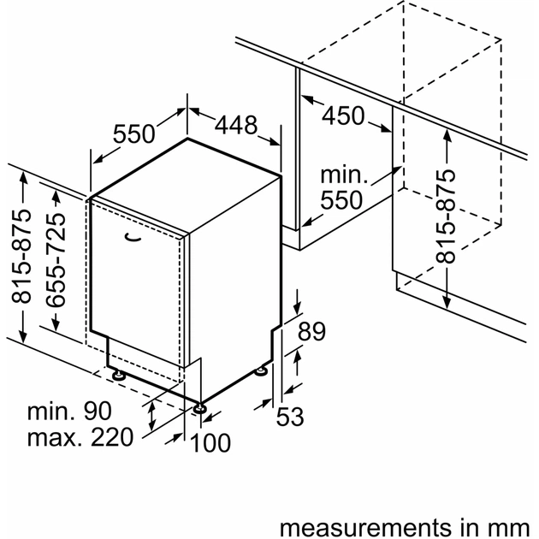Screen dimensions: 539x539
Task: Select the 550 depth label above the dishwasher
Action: click(x=135, y=133)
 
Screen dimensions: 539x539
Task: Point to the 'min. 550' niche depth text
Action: click(x=342, y=188)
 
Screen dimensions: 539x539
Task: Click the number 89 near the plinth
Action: click(x=314, y=331)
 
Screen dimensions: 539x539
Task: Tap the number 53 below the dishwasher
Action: click(x=290, y=417)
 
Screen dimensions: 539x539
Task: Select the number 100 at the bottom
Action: click(x=210, y=442)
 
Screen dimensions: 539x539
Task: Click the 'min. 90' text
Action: click(x=79, y=411)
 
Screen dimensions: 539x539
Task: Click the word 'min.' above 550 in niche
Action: click(x=343, y=175)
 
